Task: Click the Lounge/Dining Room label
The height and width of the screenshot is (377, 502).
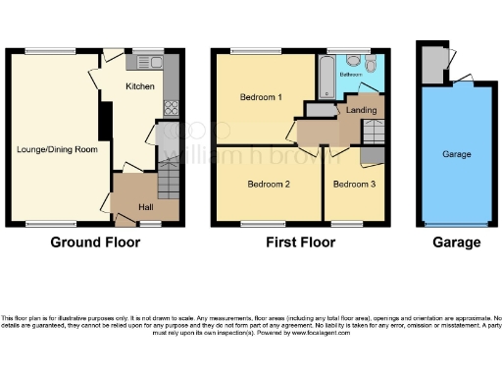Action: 56,149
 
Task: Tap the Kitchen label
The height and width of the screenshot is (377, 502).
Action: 139,86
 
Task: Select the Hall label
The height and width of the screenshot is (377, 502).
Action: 145,207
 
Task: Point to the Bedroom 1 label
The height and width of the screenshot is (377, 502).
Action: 261,97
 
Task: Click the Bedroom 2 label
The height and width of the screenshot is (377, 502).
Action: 268,184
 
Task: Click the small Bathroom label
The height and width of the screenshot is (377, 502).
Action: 352,74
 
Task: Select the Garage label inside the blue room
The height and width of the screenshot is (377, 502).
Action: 456,155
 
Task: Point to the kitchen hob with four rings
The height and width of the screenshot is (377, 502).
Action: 170,109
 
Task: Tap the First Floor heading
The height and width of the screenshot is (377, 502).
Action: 295,242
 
